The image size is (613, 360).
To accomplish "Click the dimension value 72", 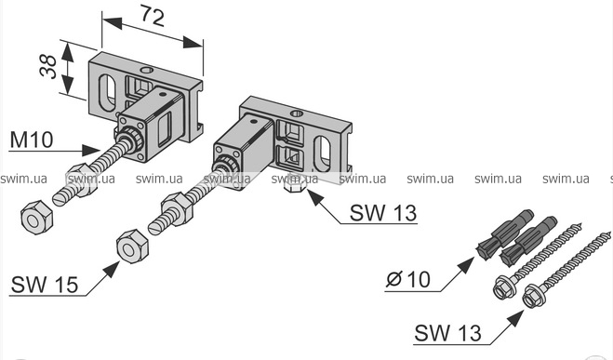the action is [152, 16].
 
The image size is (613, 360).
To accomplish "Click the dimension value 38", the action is [48, 67].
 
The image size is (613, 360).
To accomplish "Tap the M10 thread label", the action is [32, 140].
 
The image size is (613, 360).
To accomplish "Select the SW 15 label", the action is [45, 284].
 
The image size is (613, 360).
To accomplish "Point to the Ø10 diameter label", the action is [408, 279].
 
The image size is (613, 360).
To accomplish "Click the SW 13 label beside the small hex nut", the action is [383, 213].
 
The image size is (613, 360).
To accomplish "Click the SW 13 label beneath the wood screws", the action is [447, 333].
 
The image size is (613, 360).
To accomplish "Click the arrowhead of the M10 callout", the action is [91, 150].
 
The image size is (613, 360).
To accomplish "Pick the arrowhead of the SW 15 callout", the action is [112, 270].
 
